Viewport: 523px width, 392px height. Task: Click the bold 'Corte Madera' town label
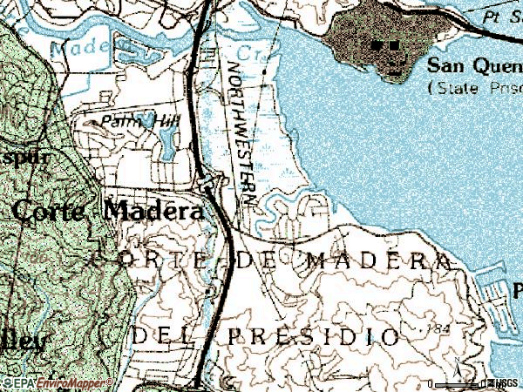pyautogui.click(x=110, y=210)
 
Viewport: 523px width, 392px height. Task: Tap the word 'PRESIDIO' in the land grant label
pyautogui.click(x=315, y=336)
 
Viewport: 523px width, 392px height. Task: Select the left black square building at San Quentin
pyautogui.click(x=377, y=44)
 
